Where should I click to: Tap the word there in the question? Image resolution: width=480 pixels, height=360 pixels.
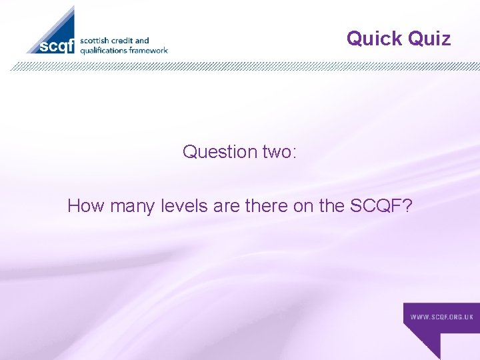pyautogui.click(x=266, y=206)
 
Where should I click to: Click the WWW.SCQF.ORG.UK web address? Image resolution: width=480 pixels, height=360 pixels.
pyautogui.click(x=442, y=317)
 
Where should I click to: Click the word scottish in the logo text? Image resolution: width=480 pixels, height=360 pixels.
pyautogui.click(x=96, y=41)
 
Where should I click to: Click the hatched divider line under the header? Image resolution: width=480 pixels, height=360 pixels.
pyautogui.click(x=240, y=66)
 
